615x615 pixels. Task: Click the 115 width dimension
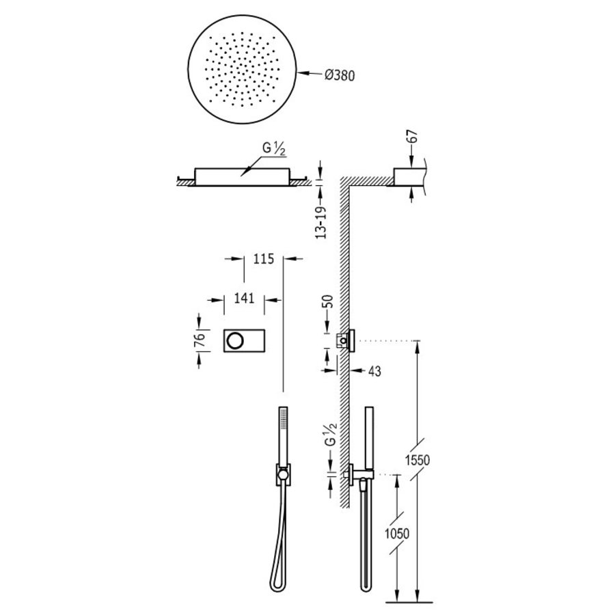point(264,258)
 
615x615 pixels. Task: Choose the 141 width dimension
point(244,298)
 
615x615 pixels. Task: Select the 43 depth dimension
point(373,371)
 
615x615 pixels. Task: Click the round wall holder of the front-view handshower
point(282,473)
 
